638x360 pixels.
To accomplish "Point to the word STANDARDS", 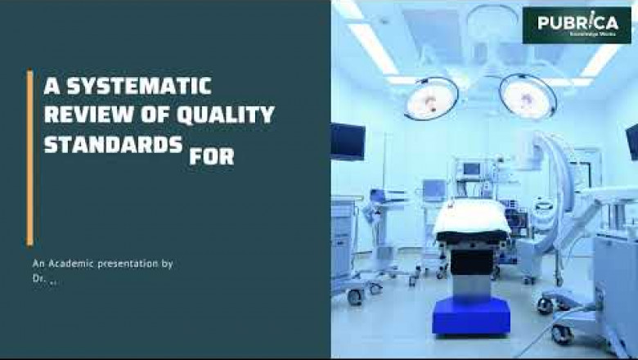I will (113, 145).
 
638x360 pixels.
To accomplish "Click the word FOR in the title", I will (211, 155).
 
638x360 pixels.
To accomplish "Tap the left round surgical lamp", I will (431, 97).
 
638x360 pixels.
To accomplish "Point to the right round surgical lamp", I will (528, 95).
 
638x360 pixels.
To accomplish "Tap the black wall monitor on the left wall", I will (348, 141).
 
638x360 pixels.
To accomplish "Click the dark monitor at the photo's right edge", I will (632, 142).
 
